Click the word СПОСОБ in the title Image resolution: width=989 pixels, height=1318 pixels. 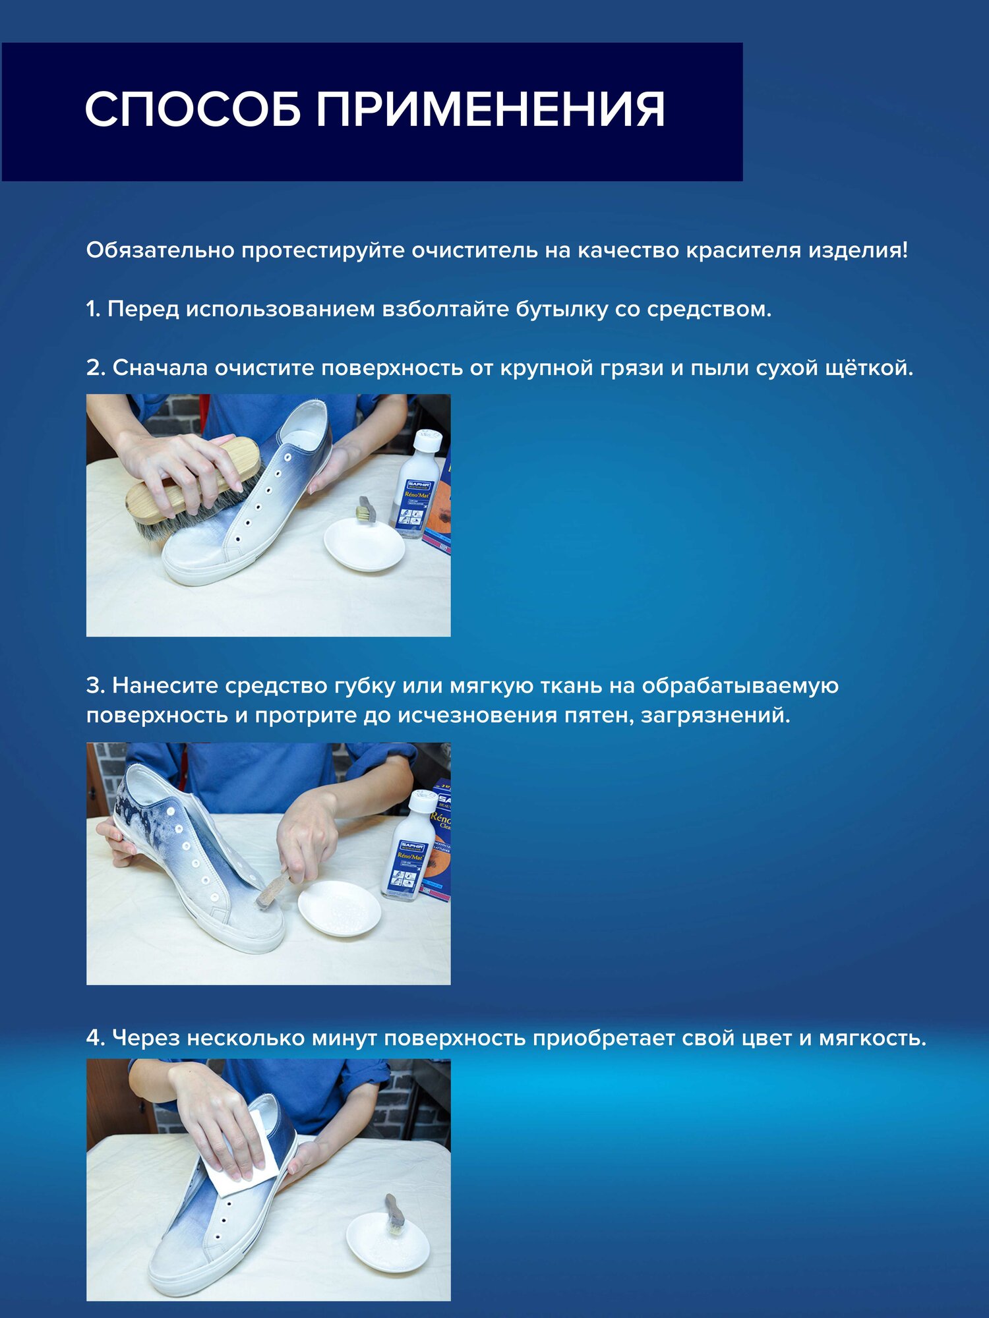193,109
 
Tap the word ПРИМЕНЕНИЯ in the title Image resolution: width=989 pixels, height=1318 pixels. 491,109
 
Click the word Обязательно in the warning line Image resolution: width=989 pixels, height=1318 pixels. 160,250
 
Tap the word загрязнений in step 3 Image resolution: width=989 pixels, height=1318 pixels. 715,715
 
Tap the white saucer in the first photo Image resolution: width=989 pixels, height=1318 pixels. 364,544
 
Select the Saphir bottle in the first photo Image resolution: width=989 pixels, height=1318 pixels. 419,484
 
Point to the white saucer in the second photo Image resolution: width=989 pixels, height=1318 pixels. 340,908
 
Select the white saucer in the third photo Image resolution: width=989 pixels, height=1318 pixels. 388,1243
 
